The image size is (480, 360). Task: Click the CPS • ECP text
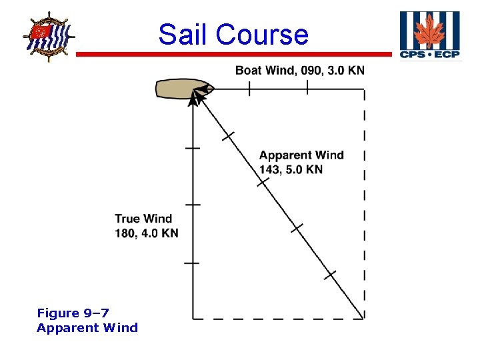click(429, 55)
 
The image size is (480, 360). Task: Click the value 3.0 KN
click(346, 71)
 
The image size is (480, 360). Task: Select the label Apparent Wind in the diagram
click(301, 155)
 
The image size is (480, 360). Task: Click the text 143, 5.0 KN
click(291, 169)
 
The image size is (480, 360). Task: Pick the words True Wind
click(143, 219)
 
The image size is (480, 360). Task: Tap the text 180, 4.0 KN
click(147, 233)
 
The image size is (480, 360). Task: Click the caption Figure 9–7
click(73, 313)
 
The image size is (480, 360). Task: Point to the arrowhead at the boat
click(195, 97)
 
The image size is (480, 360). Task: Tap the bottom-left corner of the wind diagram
click(193, 319)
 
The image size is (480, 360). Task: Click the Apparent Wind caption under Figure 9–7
click(87, 327)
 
